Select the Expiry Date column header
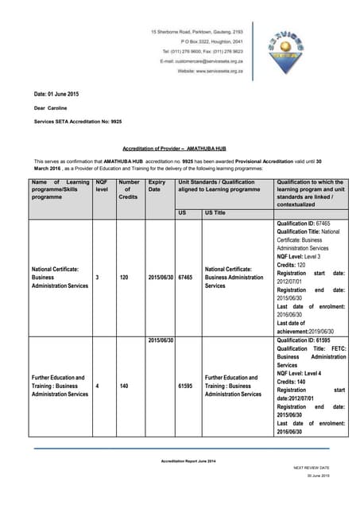point(157,188)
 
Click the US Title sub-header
point(215,213)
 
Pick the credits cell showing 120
point(129,278)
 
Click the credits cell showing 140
point(129,385)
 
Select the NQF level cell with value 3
point(97,278)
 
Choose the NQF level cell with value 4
point(97,385)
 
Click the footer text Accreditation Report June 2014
point(179,461)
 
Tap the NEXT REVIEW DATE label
point(312,468)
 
